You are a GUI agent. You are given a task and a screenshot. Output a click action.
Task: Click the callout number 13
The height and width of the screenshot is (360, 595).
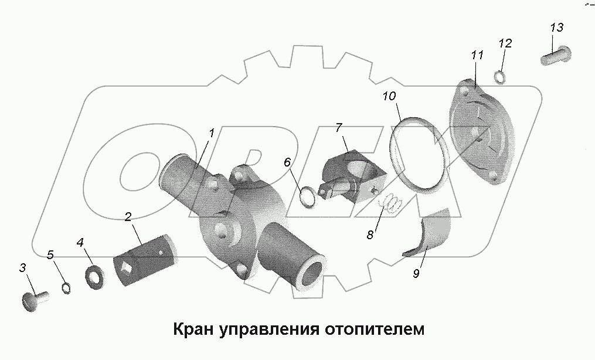pyautogui.click(x=556, y=28)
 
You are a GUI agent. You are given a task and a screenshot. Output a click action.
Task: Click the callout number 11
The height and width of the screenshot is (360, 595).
pyautogui.click(x=477, y=56)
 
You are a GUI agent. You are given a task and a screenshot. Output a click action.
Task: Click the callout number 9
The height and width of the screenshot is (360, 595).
pyautogui.click(x=416, y=274)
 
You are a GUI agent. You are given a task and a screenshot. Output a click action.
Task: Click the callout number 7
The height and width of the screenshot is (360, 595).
pyautogui.click(x=338, y=128)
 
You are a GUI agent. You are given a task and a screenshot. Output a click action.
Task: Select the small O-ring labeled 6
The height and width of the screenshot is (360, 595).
pyautogui.click(x=308, y=196)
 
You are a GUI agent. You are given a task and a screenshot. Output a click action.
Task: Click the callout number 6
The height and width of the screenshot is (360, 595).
pyautogui.click(x=287, y=162)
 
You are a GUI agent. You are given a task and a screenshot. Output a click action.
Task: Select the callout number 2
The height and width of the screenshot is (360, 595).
pyautogui.click(x=127, y=217)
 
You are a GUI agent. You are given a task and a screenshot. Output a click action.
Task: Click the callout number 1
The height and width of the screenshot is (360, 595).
pyautogui.click(x=210, y=133)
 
